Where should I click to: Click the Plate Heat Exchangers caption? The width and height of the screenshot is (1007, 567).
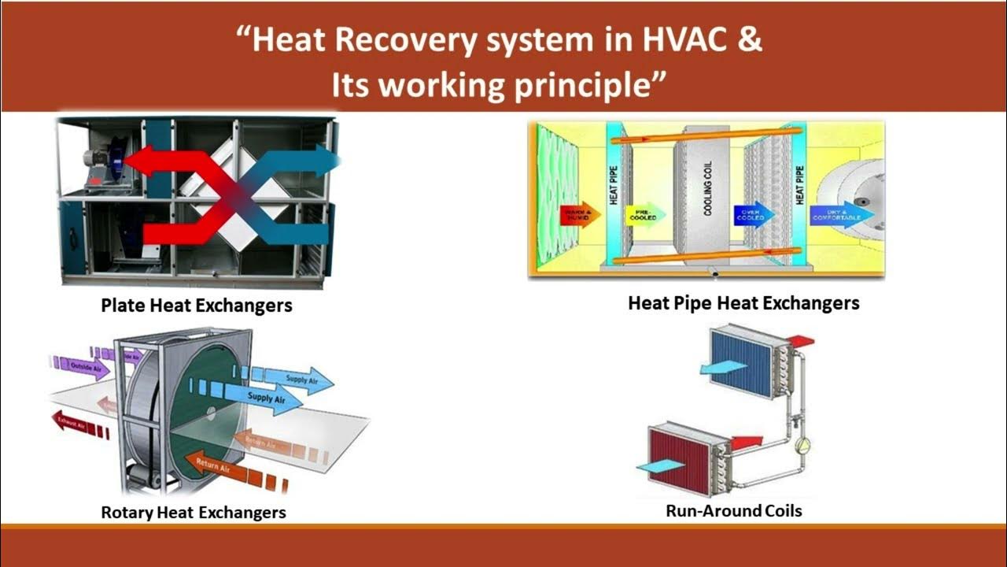197,306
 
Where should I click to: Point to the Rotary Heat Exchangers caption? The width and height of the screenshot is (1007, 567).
194,513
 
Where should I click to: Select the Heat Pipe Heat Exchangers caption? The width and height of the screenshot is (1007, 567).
743,303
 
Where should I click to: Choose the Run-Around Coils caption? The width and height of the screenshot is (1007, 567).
734,510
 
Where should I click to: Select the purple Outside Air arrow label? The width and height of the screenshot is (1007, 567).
85,366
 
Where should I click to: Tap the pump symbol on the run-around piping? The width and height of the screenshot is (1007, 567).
802,445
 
